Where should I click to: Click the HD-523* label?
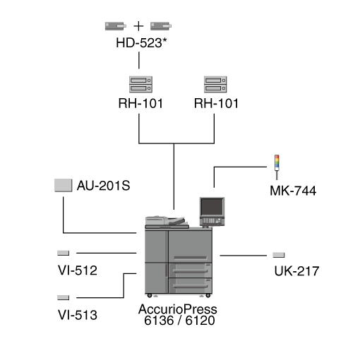[141, 43]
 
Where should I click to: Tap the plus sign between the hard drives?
[138, 26]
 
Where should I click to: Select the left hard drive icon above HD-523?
[116, 26]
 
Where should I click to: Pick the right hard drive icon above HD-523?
[161, 26]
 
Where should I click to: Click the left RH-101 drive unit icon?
[140, 84]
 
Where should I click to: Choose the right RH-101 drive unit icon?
[215, 84]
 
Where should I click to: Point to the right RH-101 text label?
[216, 103]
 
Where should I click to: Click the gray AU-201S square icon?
[64, 185]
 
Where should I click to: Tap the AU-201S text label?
[104, 186]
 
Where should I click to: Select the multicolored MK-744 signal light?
[277, 167]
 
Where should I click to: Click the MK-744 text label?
[293, 191]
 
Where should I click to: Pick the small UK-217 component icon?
[279, 255]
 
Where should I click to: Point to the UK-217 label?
[296, 271]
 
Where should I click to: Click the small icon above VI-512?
[64, 253]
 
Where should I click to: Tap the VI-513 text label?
[78, 315]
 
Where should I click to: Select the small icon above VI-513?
[64, 297]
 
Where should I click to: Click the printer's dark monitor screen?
[212, 207]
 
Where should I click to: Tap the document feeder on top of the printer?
[167, 222]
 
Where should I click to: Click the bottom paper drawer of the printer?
[191, 285]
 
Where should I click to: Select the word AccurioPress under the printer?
[178, 309]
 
